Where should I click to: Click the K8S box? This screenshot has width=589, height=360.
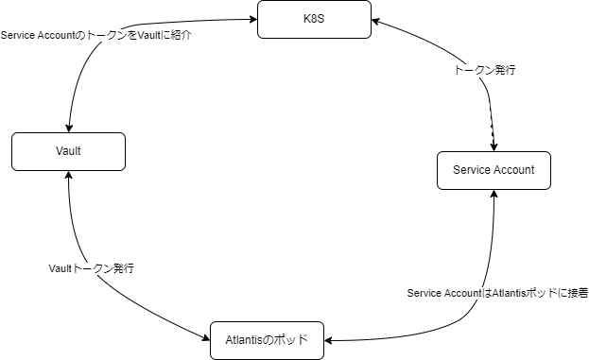point(315,20)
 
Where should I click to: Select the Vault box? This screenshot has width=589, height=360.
point(68,151)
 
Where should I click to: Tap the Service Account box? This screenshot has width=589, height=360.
point(494,170)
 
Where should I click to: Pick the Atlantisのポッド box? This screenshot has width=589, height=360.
point(266,340)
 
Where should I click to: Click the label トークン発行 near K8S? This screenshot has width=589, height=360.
point(485,71)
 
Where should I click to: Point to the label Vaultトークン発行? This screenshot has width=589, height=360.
point(91,268)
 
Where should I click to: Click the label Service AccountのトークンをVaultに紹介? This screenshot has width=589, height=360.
point(96,35)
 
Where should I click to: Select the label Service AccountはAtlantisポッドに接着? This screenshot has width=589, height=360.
point(497,294)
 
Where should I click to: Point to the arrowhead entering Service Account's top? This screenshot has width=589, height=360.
point(494,146)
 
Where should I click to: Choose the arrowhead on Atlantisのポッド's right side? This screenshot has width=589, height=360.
point(328,339)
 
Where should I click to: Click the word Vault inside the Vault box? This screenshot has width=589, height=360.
point(68,151)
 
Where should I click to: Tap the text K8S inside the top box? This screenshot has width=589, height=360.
point(315,20)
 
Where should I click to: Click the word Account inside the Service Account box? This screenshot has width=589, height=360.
point(513,170)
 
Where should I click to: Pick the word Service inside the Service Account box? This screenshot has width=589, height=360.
point(472,170)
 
